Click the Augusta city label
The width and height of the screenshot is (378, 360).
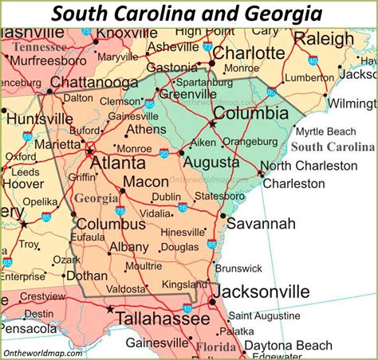(x=211, y=162)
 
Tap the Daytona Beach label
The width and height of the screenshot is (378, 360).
(x=310, y=345)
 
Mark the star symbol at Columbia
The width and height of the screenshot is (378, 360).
(x=213, y=123)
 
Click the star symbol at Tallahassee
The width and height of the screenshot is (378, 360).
(x=111, y=309)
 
